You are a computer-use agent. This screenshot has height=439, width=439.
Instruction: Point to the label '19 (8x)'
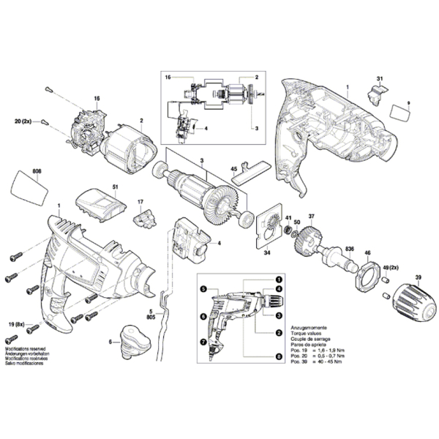[x=16, y=323]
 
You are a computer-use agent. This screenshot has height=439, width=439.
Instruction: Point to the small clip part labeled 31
[x=378, y=92]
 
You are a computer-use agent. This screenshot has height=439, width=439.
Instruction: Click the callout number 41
[x=288, y=217]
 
